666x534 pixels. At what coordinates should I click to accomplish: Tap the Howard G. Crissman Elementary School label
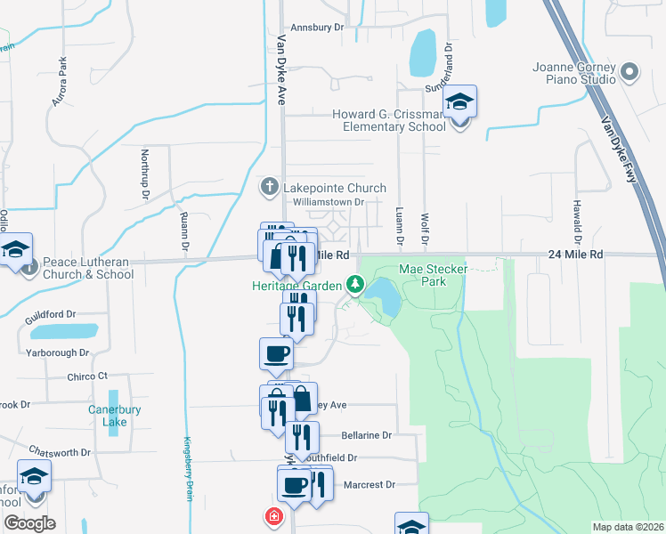389,120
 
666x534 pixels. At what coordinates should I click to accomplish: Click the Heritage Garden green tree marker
355,285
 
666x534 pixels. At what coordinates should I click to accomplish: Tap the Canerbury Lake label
114,416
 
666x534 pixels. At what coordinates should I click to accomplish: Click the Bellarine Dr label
367,435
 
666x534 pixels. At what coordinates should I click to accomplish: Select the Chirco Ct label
87,376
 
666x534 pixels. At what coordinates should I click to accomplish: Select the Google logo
29,523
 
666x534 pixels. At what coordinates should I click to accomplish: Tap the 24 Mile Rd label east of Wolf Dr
574,255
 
